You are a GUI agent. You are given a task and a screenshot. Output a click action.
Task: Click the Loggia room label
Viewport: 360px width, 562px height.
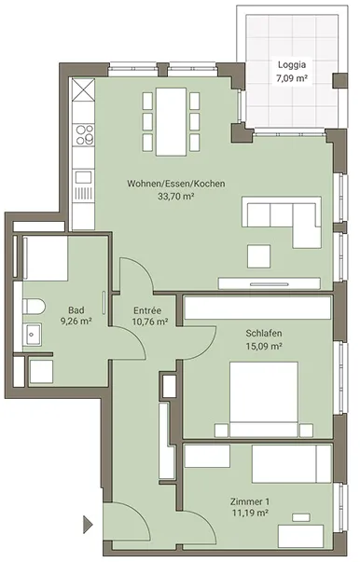pyautogui.click(x=292, y=65)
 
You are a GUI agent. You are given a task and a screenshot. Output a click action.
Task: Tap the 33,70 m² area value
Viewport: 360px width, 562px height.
pyautogui.click(x=176, y=196)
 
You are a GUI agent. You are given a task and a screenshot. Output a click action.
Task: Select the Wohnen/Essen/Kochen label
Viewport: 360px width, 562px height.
pyautogui.click(x=176, y=184)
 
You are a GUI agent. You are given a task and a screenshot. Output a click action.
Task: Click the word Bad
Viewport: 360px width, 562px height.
pyautogui.click(x=76, y=310)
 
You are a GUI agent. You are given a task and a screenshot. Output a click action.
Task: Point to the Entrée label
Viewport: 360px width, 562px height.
pyautogui.click(x=147, y=310)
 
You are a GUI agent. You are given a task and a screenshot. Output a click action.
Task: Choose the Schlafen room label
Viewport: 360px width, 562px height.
pyautogui.click(x=264, y=334)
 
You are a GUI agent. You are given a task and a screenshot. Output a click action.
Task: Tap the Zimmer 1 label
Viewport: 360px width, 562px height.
pyautogui.click(x=250, y=501)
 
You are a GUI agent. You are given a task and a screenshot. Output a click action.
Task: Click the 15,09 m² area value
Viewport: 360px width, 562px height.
pyautogui.click(x=264, y=346)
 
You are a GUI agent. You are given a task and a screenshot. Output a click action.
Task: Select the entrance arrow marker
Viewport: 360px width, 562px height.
pyautogui.click(x=88, y=525)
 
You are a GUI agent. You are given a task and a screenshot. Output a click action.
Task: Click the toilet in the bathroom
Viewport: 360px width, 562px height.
pyautogui.click(x=34, y=308)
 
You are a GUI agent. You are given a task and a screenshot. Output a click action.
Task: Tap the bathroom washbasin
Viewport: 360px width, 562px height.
pyautogui.click(x=32, y=334)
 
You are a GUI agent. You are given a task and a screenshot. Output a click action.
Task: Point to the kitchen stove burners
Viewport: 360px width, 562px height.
pyautogui.click(x=84, y=134)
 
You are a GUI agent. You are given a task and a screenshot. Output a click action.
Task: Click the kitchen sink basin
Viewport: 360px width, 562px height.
pyautogui.click(x=83, y=177)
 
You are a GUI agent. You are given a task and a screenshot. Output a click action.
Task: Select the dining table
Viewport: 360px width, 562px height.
pyautogui.click(x=172, y=122)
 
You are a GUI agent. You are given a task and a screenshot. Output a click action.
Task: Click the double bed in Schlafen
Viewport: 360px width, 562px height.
pyautogui.click(x=264, y=399)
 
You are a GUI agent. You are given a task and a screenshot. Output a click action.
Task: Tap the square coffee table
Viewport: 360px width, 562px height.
pyautogui.click(x=259, y=256)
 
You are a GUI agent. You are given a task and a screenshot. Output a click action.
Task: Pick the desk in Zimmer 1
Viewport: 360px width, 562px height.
pyautogui.click(x=301, y=536)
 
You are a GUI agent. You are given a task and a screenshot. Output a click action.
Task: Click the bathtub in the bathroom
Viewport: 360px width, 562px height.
pyautogui.click(x=46, y=258)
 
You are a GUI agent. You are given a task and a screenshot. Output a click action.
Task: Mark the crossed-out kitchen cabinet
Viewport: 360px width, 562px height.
pyautogui.click(x=83, y=90)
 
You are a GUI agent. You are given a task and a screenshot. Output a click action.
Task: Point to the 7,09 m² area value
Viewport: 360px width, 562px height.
pyautogui.click(x=292, y=78)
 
